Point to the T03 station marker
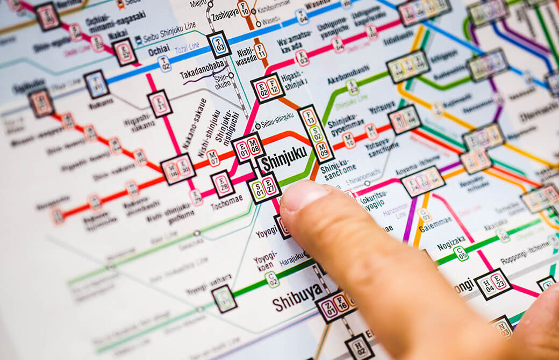pos(219,45)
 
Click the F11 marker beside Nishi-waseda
pos(261,51)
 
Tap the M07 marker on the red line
pos(213,158)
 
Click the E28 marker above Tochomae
pos(223,184)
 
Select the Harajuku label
pos(291,258)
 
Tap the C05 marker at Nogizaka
pos(461,253)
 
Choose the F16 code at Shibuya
pos(341,303)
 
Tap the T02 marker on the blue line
pos(164,63)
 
